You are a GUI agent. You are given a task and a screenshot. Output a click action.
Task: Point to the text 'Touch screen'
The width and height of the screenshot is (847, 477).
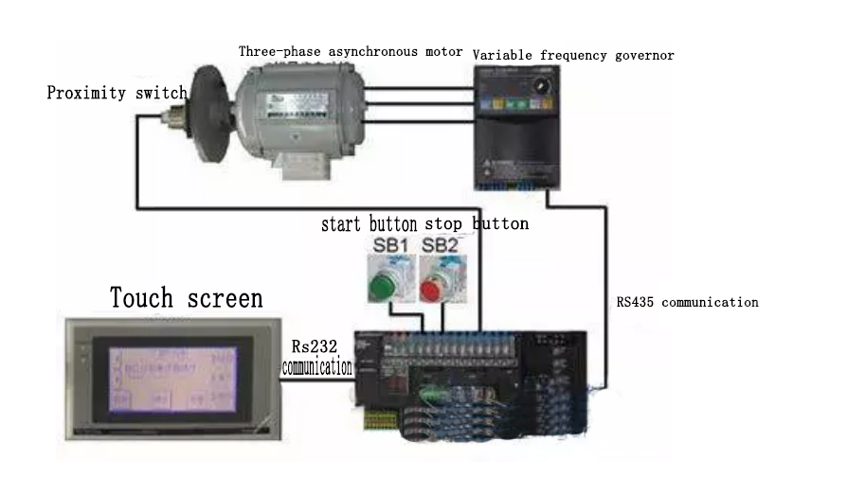coord(187,298)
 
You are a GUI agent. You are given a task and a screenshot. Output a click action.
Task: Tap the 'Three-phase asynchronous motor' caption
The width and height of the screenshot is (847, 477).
coord(351,51)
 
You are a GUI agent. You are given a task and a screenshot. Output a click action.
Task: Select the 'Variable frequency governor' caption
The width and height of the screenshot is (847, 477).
coord(573,56)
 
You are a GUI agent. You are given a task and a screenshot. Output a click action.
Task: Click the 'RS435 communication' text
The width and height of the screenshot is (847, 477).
coord(687,303)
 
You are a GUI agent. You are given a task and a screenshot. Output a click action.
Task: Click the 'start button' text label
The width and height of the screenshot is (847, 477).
coord(369,224)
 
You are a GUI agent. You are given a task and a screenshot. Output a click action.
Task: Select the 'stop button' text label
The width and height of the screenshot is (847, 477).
coord(477,224)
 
